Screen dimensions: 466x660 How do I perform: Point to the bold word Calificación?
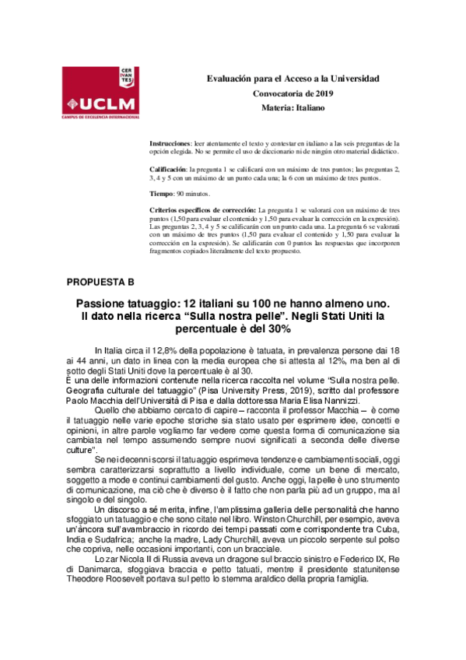click(167, 169)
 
